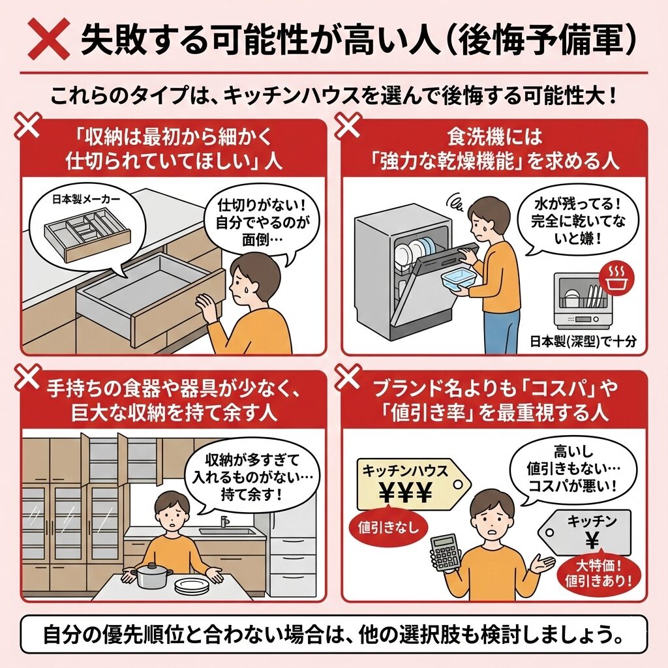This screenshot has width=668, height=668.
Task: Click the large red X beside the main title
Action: tap(48, 38)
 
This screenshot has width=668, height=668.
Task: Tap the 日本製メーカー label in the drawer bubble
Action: tap(87, 200)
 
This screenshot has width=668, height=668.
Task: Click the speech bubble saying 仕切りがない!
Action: tap(261, 224)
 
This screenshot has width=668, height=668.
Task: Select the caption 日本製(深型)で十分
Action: tap(583, 342)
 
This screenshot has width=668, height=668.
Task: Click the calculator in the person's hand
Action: tap(446, 553)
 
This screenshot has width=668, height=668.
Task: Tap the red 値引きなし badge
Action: tap(387, 527)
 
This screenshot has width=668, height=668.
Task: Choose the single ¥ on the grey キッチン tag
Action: tap(592, 540)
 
